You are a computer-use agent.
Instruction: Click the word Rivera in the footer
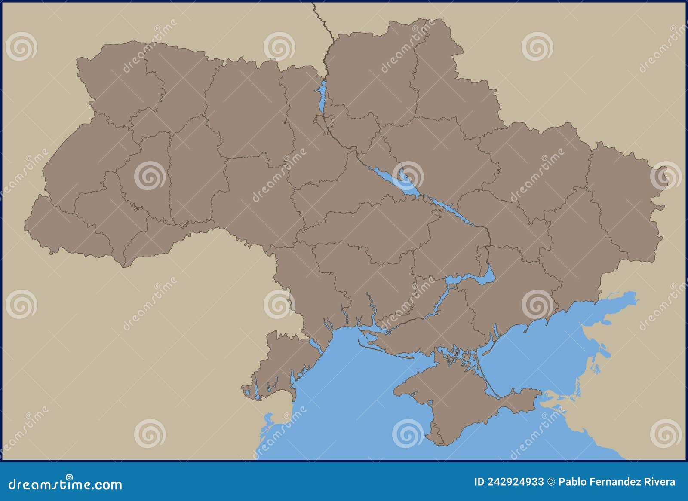click(660, 482)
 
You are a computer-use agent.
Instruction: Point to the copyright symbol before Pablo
click(551, 482)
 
